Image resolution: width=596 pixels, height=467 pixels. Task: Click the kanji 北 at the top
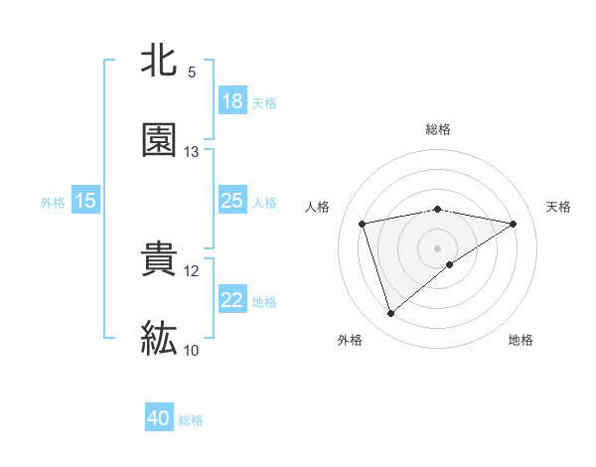159,61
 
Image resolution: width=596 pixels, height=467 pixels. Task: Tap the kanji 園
159,140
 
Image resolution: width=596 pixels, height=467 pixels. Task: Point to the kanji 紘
159,339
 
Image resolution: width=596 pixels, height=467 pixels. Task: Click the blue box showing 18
232,101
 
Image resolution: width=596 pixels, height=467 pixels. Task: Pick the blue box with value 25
232,201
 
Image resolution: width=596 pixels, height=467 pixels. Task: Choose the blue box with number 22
232,300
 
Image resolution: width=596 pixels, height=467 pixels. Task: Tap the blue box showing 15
85,201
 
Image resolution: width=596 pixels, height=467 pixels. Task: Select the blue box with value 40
159,418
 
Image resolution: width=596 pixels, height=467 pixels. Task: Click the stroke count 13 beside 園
192,152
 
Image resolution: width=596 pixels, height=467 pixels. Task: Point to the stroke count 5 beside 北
192,73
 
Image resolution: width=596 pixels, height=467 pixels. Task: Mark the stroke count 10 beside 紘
192,351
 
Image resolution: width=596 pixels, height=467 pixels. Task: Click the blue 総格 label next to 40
191,420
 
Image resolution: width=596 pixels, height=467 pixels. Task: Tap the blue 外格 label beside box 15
53,203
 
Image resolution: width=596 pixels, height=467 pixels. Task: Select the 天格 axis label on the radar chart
559,207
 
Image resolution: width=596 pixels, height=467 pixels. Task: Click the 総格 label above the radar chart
438,129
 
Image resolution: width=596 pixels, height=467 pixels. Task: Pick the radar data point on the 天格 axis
514,224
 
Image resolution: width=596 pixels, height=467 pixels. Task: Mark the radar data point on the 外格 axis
390,314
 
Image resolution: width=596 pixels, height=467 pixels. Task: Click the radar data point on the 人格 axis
363,224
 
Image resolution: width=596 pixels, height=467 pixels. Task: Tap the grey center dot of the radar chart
438,247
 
